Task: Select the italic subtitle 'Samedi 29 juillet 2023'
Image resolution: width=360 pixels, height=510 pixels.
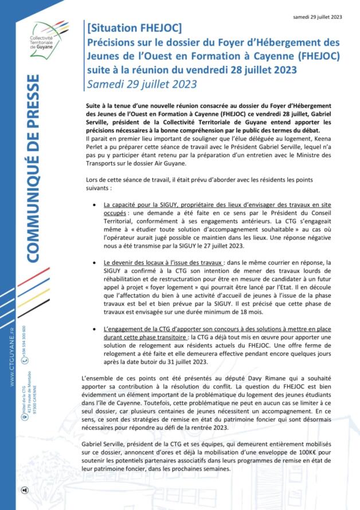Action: (142, 84)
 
